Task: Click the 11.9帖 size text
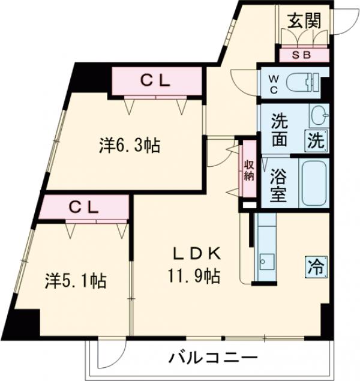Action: [194, 277]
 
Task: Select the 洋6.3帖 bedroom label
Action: [129, 145]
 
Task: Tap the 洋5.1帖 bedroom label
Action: [76, 280]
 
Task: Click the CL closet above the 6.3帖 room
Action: [157, 80]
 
